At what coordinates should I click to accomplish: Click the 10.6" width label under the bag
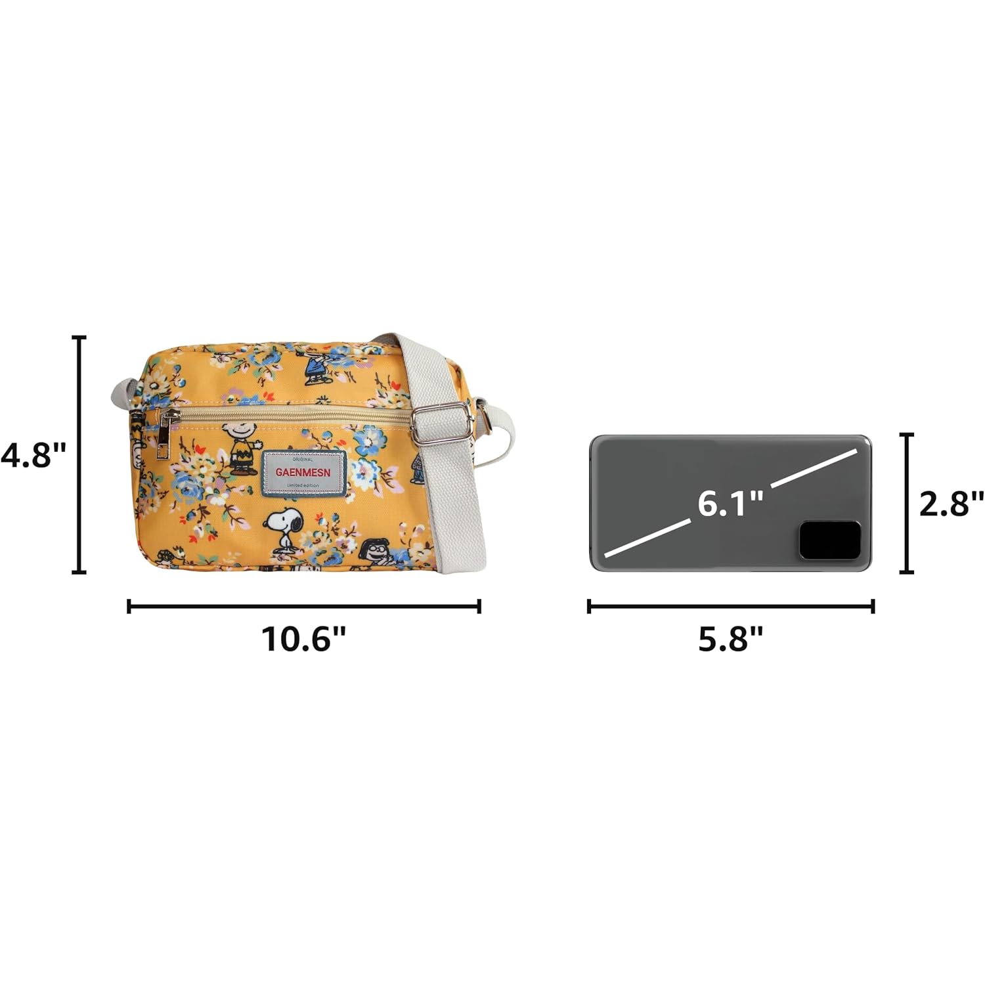[304, 639]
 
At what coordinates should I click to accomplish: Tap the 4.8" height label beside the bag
[33, 454]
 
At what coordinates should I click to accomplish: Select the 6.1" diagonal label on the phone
[730, 504]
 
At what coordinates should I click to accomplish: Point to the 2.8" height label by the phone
[951, 504]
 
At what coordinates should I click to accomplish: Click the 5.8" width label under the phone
[731, 639]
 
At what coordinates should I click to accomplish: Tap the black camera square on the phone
[829, 541]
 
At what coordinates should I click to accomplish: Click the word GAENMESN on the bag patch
[303, 471]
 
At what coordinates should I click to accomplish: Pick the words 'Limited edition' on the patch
[303, 485]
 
